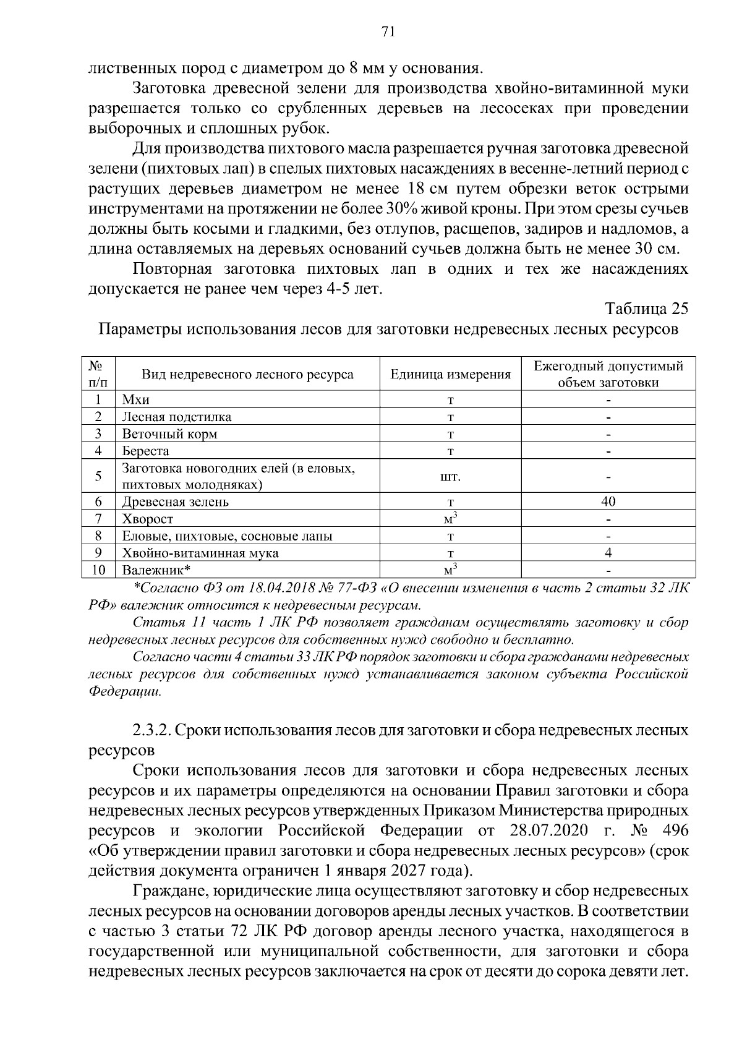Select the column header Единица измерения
click(451, 375)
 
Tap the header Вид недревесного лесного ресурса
click(248, 375)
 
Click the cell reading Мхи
click(136, 399)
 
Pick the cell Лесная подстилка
click(177, 417)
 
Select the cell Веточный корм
click(169, 434)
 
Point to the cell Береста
click(145, 451)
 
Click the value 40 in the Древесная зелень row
click(608, 502)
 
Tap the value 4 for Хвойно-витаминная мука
click(608, 553)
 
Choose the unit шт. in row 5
click(451, 477)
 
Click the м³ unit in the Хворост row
click(451, 518)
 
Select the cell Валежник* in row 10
click(156, 570)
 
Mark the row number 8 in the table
click(98, 536)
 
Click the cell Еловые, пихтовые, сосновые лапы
click(227, 536)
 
